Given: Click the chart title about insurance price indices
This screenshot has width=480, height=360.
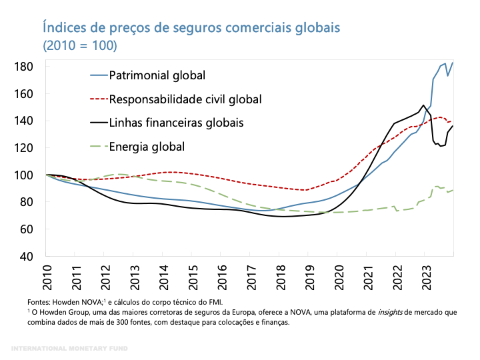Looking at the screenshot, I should pos(191,27).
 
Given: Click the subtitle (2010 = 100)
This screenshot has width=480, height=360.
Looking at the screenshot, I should pos(80,46).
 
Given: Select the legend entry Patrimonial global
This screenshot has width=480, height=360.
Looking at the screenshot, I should pos(157,75).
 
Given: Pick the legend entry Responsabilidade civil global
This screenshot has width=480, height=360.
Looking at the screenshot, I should pos(185,99).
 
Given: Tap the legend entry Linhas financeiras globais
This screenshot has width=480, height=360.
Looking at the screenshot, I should pos(176,123).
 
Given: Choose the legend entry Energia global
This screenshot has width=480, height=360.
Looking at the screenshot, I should pos(147,147).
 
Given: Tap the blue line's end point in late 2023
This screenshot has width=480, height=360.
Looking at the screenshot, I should pos(453,63).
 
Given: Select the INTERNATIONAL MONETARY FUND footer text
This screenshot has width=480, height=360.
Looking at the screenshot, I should pos(70,349).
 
